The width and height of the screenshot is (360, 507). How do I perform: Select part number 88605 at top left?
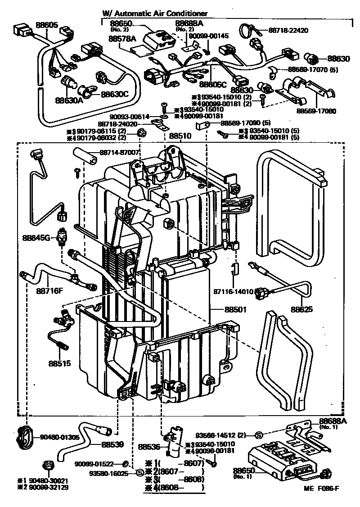click(x=47, y=25)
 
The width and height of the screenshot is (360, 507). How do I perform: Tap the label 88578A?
click(x=122, y=39)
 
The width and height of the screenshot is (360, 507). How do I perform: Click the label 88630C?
click(x=115, y=94)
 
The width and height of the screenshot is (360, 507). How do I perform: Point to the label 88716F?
click(x=49, y=290)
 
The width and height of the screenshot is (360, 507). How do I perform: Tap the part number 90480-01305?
click(x=59, y=437)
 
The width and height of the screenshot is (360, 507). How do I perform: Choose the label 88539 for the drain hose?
click(x=112, y=444)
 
